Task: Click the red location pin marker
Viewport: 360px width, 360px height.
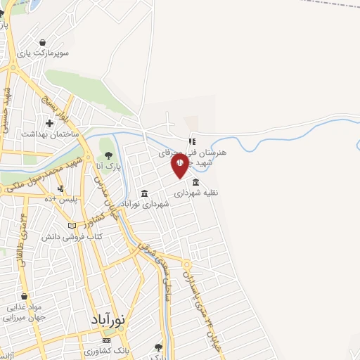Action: (179, 165)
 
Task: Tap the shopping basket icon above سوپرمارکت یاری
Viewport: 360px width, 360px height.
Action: (44, 41)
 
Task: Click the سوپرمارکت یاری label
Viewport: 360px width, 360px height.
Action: (44, 53)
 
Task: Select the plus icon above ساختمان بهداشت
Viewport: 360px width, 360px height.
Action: (49, 123)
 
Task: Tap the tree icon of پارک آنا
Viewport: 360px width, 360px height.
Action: (108, 155)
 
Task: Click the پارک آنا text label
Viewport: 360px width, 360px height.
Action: (108, 167)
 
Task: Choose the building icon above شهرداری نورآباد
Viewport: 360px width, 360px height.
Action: (144, 193)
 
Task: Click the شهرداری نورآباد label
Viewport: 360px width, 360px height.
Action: (146, 204)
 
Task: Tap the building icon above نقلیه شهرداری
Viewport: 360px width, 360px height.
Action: (195, 182)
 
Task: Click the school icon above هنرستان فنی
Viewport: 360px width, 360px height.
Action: (191, 141)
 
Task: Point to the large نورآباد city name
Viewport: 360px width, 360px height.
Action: (108, 319)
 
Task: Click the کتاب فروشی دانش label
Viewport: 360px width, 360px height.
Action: (79, 237)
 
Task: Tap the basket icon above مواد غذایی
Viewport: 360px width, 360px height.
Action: (25, 297)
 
